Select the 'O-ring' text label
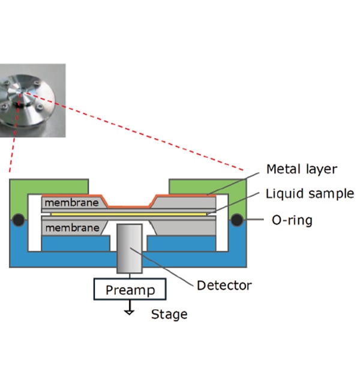(292, 220)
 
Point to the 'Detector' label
(224, 285)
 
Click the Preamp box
(130, 291)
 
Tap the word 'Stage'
(169, 314)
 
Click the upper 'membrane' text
(71, 202)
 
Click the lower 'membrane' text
(71, 228)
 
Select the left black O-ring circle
(19, 220)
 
